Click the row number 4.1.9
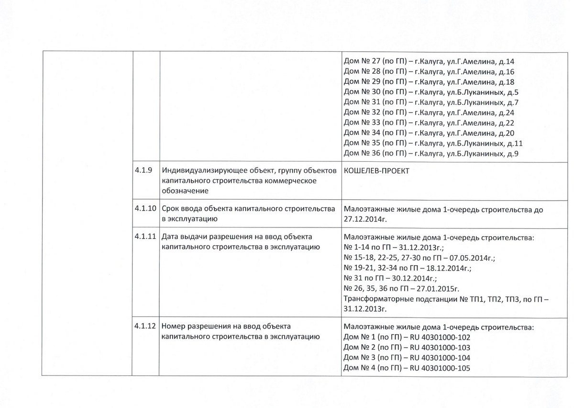pyautogui.click(x=143, y=170)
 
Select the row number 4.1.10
pyautogui.click(x=144, y=209)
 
